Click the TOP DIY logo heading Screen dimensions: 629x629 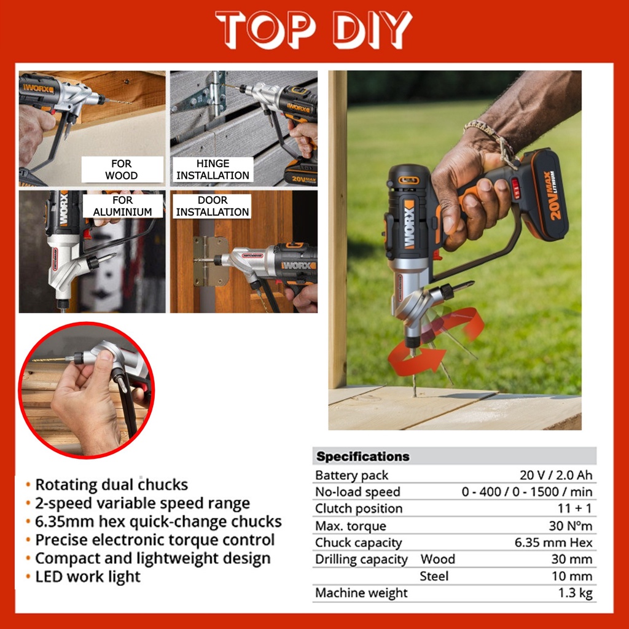pyautogui.click(x=314, y=29)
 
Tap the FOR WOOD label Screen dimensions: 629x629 pyautogui.click(x=122, y=170)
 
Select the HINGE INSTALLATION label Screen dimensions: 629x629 pyautogui.click(x=213, y=170)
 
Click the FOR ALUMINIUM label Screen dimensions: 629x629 pyautogui.click(x=123, y=206)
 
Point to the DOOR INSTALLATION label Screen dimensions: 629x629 pyautogui.click(x=212, y=206)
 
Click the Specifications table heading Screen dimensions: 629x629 pyautogui.click(x=363, y=456)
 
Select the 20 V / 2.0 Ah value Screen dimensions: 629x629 pyautogui.click(x=556, y=475)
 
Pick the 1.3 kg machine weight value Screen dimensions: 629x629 pyautogui.click(x=575, y=593)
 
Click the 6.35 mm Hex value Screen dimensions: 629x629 pyautogui.click(x=553, y=542)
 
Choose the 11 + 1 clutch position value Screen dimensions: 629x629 pyautogui.click(x=575, y=508)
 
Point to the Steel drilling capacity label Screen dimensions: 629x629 pyautogui.click(x=434, y=576)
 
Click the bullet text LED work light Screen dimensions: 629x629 pyautogui.click(x=88, y=576)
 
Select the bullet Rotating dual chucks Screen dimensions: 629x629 pyautogui.click(x=112, y=485)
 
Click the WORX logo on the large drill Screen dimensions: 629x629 pyautogui.click(x=408, y=224)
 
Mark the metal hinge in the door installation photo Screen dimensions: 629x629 pyautogui.click(x=209, y=261)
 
